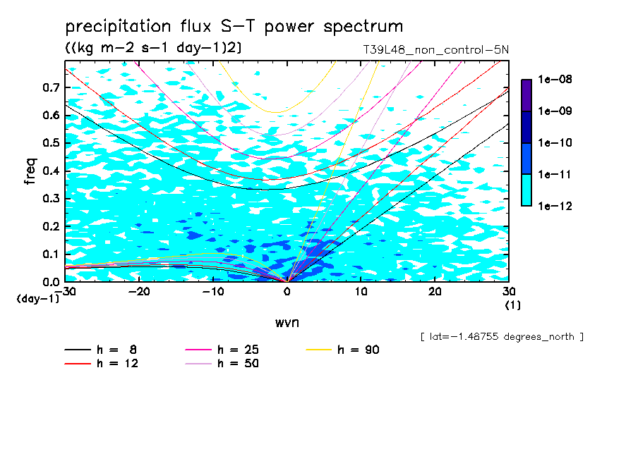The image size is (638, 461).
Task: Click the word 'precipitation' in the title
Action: pyautogui.click(x=118, y=27)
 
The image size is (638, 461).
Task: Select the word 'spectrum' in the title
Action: pyautogui.click(x=363, y=27)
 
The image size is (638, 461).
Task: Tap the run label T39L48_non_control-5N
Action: pyautogui.click(x=435, y=49)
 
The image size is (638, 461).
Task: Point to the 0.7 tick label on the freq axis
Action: pyautogui.click(x=51, y=87)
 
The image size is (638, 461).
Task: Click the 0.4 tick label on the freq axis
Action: pyautogui.click(x=51, y=171)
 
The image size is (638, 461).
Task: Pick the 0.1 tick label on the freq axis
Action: pyautogui.click(x=51, y=254)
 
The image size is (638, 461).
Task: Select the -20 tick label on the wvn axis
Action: pyautogui.click(x=139, y=292)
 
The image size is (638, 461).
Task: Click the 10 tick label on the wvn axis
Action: pyautogui.click(x=361, y=292)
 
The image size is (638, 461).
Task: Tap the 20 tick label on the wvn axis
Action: pyautogui.click(x=435, y=292)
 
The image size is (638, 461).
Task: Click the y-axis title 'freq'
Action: pyautogui.click(x=30, y=171)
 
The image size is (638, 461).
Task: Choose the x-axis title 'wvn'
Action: pyautogui.click(x=287, y=323)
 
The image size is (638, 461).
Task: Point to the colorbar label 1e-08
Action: pyautogui.click(x=555, y=79)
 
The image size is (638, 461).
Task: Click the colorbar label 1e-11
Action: pyautogui.click(x=555, y=174)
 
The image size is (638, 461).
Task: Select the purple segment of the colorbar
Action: pyautogui.click(x=526, y=95)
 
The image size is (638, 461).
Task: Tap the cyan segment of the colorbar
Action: pyautogui.click(x=526, y=190)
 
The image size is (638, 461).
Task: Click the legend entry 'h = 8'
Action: pyautogui.click(x=100, y=350)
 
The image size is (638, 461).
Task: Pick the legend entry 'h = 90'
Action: pyautogui.click(x=342, y=350)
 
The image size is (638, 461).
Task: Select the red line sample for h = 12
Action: pyautogui.click(x=78, y=364)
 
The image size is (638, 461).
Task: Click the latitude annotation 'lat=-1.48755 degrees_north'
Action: pyautogui.click(x=502, y=337)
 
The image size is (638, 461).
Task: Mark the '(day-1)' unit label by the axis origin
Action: pyautogui.click(x=38, y=299)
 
